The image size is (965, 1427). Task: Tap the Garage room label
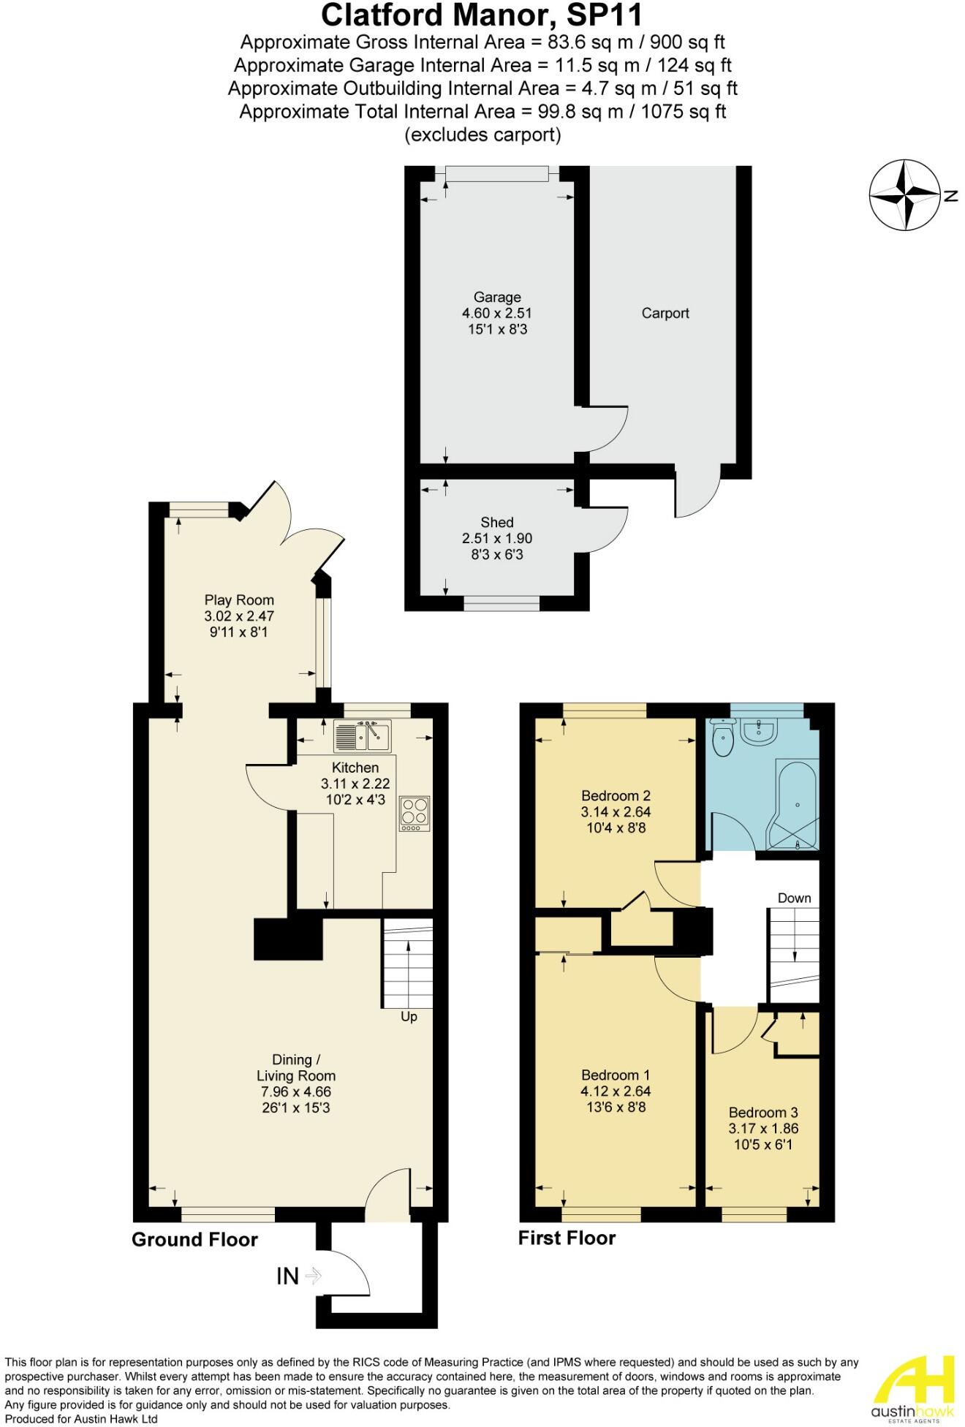tap(497, 297)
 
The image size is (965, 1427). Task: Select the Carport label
tap(665, 313)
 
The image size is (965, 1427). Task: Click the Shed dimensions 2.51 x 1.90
tap(497, 538)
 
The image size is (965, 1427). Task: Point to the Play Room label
tap(239, 600)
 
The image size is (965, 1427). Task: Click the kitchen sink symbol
tap(363, 735)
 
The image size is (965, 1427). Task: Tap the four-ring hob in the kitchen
tap(415, 813)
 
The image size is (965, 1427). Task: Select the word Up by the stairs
tap(409, 1017)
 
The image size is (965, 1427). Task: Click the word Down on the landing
tap(794, 898)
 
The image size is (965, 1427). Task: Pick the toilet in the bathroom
tap(723, 738)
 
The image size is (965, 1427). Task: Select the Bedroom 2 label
tap(616, 795)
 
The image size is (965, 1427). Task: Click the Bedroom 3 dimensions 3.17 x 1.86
tap(763, 1128)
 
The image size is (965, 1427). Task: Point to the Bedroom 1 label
tap(616, 1075)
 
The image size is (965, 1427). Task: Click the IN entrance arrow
tap(313, 1276)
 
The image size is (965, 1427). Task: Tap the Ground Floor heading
tap(194, 1239)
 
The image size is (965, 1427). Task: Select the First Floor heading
tap(567, 1238)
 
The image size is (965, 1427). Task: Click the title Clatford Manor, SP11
tap(482, 15)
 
